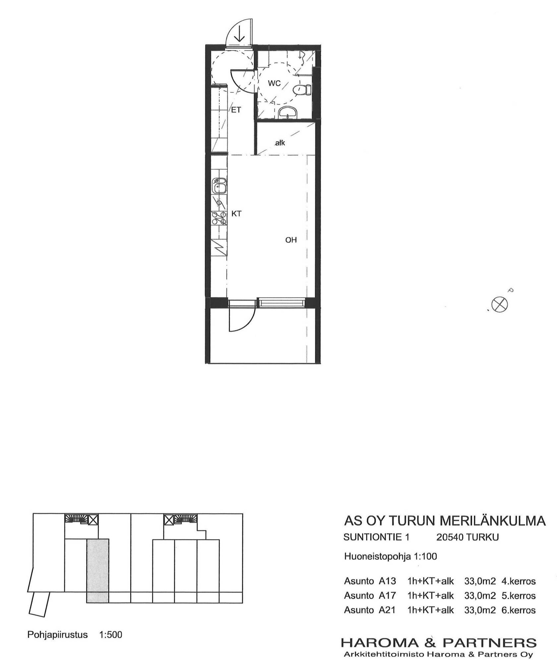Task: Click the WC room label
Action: coord(274,83)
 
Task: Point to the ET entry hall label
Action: coord(236,110)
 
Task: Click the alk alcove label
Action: coord(280,143)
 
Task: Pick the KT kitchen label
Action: coord(236,214)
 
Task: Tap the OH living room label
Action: coord(291,240)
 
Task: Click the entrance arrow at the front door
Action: coord(239,34)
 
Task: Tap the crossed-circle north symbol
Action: coord(499,304)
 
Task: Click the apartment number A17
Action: coord(387,596)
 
